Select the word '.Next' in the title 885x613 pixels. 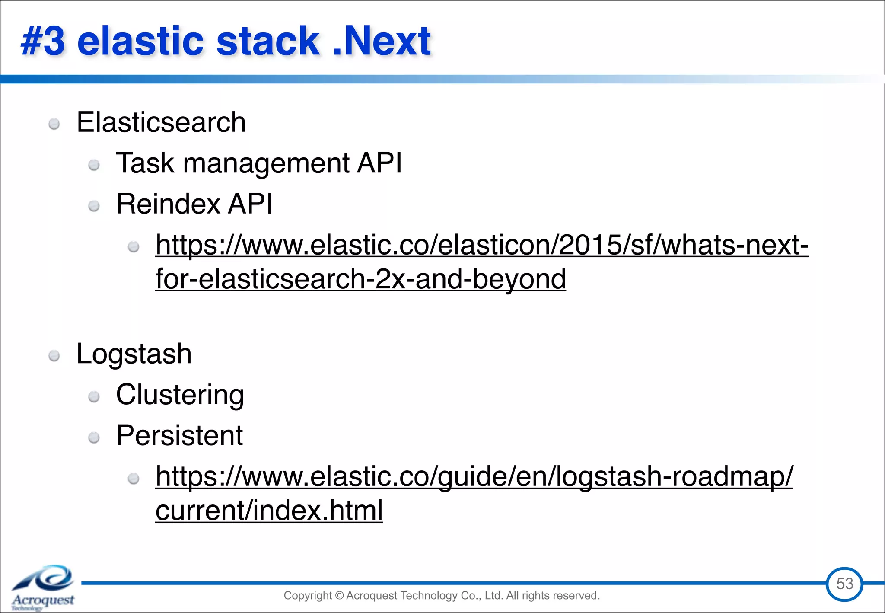click(382, 42)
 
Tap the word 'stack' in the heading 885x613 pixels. click(267, 42)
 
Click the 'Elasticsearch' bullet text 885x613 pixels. click(161, 122)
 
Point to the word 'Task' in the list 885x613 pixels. click(145, 163)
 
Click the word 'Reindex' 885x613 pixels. click(168, 204)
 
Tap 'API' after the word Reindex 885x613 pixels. click(250, 204)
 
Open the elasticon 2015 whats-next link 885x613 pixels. click(481, 245)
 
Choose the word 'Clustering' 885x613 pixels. click(180, 395)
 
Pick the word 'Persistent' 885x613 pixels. click(179, 435)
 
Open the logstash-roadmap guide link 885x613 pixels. click(474, 476)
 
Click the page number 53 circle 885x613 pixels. click(844, 584)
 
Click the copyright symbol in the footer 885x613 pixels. click(339, 596)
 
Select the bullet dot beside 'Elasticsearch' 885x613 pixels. click(54, 125)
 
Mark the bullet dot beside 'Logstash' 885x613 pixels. click(54, 356)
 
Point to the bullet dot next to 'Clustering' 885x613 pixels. click(94, 397)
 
